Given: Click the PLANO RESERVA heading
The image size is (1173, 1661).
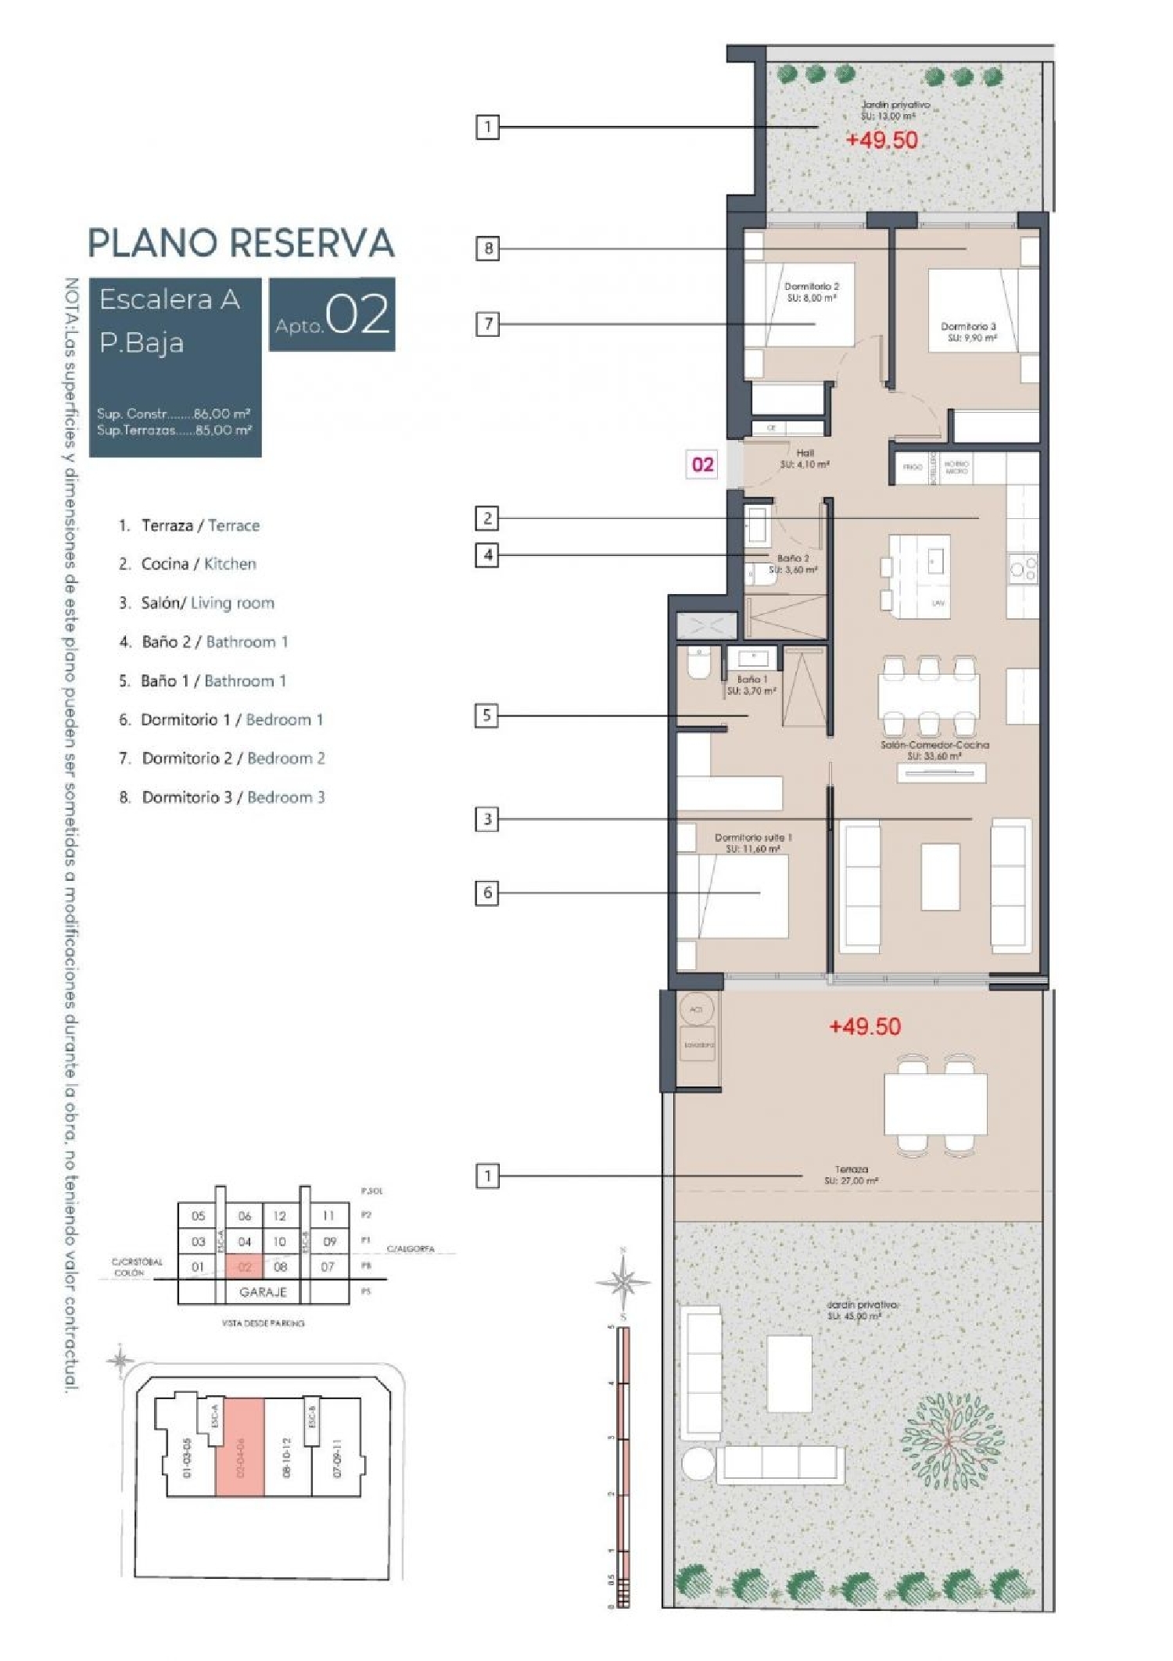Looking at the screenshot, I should [x=241, y=243].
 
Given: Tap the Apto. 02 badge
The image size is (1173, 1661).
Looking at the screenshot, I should [x=332, y=314].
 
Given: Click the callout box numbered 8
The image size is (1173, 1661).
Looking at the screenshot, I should [x=488, y=249].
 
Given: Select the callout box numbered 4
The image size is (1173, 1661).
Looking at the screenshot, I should [x=488, y=555].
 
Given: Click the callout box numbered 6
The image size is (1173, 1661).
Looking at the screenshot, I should [x=488, y=893].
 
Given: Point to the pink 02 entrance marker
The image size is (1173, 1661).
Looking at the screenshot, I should [x=702, y=464].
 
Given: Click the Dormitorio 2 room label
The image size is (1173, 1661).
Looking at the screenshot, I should [x=811, y=292].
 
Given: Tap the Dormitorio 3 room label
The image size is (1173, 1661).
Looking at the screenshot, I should [x=968, y=331].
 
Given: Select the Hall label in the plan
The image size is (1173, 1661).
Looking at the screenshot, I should [x=805, y=458].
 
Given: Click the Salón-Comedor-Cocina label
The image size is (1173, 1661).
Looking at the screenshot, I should [x=934, y=750].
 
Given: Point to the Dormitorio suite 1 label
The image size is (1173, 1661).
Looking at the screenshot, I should [x=752, y=842].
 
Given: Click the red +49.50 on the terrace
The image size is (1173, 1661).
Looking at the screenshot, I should [x=865, y=1026].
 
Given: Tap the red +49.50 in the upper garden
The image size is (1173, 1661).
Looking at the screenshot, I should [x=882, y=140].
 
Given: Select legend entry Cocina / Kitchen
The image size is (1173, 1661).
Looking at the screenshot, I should [x=199, y=564].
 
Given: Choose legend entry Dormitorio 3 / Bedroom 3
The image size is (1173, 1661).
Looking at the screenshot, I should [x=233, y=797].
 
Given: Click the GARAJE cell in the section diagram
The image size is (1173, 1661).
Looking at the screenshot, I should [x=263, y=1292].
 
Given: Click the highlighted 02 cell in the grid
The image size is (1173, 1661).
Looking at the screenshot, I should [x=244, y=1267].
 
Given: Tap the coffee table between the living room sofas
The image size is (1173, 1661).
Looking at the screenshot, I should [x=940, y=876].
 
